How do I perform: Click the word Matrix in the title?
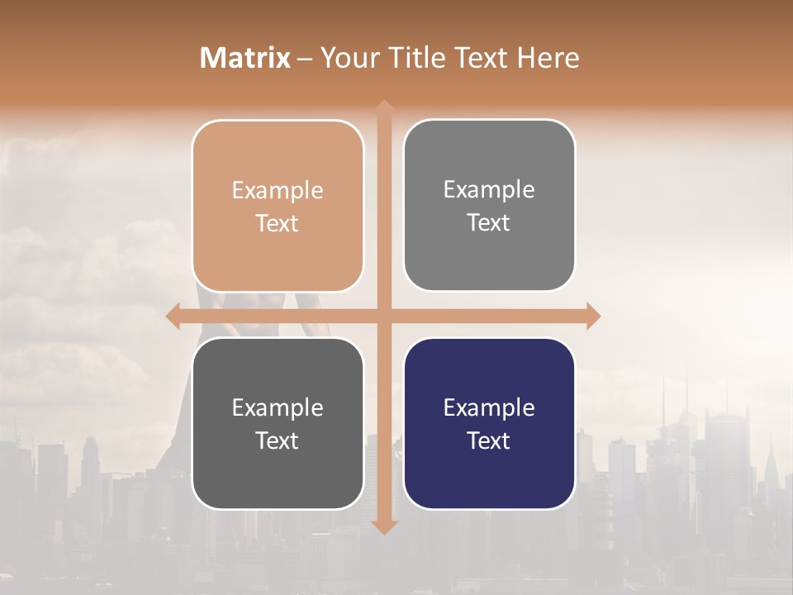[245, 58]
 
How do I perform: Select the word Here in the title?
[548, 58]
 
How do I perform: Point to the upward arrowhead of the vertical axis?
[384, 108]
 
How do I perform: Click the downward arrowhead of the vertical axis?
[384, 526]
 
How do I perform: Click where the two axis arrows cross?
[384, 316]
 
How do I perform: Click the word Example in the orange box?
[278, 191]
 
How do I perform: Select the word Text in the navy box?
[489, 440]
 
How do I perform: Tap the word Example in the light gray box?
[489, 190]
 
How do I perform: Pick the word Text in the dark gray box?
[278, 440]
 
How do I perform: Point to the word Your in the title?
[347, 58]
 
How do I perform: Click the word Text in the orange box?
[278, 223]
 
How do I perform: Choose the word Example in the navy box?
[489, 408]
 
